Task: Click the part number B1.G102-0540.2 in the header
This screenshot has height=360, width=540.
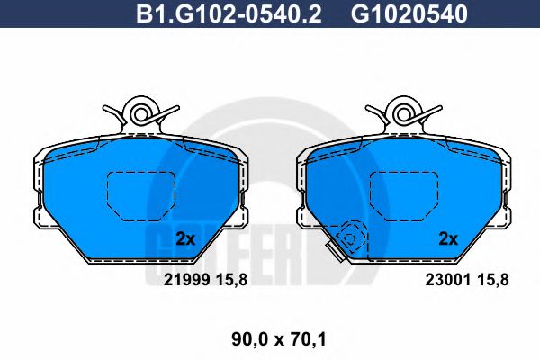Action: pos(229,14)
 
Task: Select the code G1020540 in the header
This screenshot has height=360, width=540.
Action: pos(409,14)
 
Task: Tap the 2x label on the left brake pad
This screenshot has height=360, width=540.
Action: pos(185,238)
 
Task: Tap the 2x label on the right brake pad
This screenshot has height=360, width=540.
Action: pos(448,238)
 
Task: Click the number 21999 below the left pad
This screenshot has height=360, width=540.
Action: pos(186,280)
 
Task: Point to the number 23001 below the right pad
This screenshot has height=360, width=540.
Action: pos(447,280)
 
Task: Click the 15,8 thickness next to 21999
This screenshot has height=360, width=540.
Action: pos(232,280)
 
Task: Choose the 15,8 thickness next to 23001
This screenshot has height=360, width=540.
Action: pos(493,280)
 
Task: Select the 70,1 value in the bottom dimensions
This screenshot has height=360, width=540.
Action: pos(310,340)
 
